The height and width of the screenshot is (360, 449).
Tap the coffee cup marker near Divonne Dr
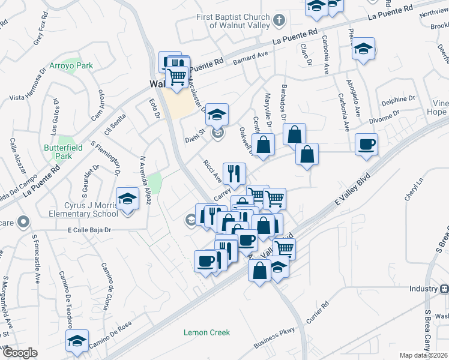366,144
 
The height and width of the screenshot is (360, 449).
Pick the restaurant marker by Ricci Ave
235,173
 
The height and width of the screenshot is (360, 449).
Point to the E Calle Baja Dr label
90,229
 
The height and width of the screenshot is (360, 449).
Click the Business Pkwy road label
275,338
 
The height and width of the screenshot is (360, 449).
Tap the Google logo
20,353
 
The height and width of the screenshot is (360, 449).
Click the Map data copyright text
424,355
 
